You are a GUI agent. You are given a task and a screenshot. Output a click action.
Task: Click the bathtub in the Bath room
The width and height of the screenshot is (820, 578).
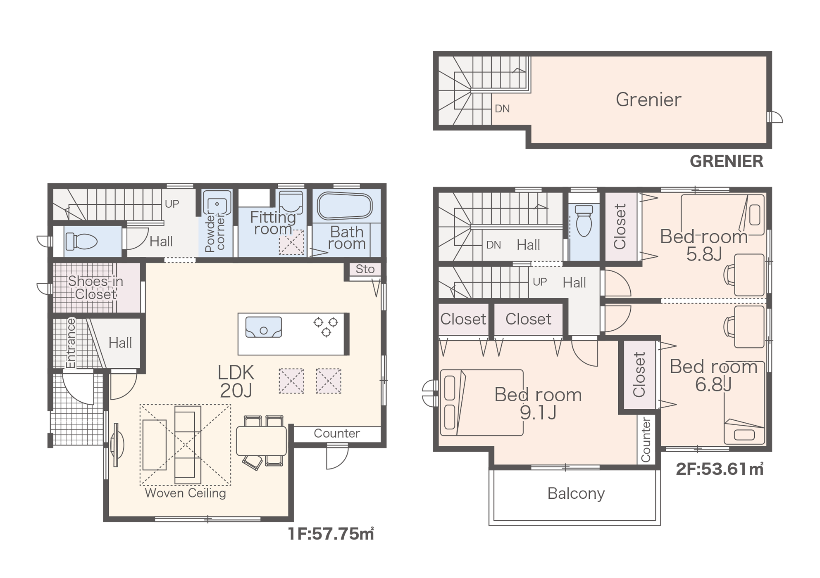pos(345,206)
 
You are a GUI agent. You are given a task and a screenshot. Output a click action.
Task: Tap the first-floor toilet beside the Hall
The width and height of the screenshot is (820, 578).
pos(82,242)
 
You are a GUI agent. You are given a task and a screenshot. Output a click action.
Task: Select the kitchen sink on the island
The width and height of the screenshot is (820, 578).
pos(264,327)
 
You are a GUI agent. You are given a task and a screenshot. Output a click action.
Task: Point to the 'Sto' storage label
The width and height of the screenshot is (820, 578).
pos(365,269)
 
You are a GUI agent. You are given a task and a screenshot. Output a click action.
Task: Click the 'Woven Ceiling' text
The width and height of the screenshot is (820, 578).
pos(185,493)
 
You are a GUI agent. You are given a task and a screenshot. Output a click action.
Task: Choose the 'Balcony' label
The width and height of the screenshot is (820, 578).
pos(576,493)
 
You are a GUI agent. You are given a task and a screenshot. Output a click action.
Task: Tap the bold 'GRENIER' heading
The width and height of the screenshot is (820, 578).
pos(726,161)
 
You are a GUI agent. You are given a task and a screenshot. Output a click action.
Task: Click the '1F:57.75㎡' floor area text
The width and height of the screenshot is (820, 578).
pos(331,534)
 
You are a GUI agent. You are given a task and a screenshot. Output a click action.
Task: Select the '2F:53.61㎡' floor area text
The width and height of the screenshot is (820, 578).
pos(720,469)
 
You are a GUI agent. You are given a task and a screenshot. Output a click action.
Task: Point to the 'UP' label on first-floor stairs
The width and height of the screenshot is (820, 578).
pos(172,204)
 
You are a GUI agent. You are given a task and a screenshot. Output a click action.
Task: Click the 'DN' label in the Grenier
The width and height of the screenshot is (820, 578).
pos(502,109)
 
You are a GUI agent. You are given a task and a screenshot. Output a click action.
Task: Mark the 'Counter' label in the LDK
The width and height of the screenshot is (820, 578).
pos(336,433)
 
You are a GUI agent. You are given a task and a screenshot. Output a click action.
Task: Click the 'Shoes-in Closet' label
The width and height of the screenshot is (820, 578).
pos(96,288)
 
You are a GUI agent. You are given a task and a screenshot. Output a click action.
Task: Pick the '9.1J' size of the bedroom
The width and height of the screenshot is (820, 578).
pos(538,412)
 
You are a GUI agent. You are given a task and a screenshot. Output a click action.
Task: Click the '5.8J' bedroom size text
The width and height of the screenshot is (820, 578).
pos(704,254)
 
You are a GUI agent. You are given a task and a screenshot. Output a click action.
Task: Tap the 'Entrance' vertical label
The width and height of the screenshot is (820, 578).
pos(71,343)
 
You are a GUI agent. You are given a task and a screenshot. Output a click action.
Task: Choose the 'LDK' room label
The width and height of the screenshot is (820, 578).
pos(236,372)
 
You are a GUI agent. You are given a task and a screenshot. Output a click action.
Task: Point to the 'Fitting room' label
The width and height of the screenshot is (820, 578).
pos(273,223)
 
